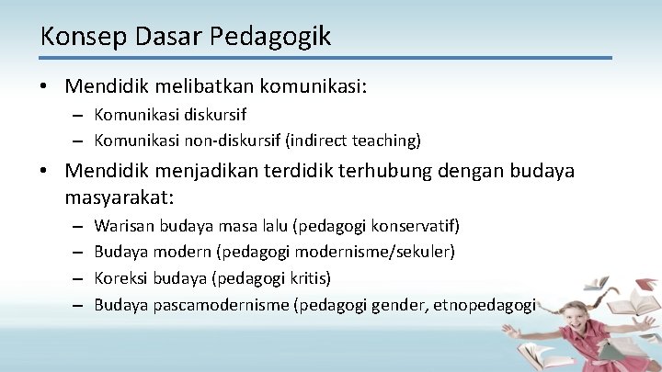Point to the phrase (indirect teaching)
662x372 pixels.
click(354, 140)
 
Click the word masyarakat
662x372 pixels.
click(119, 197)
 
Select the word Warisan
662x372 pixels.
click(124, 226)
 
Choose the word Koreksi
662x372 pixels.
click(122, 278)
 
